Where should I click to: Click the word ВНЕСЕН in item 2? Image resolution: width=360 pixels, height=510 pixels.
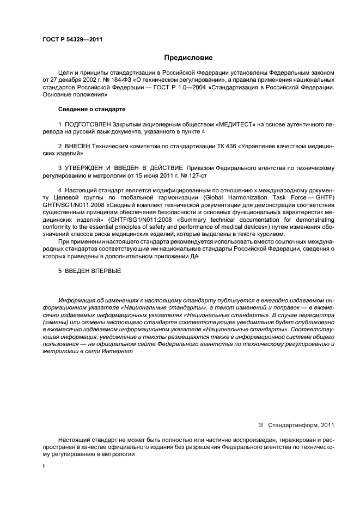tap(78, 147)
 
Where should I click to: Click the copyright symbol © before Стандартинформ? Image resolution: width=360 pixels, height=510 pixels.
tap(261, 425)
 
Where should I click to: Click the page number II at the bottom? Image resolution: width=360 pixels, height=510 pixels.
tap(44, 466)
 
